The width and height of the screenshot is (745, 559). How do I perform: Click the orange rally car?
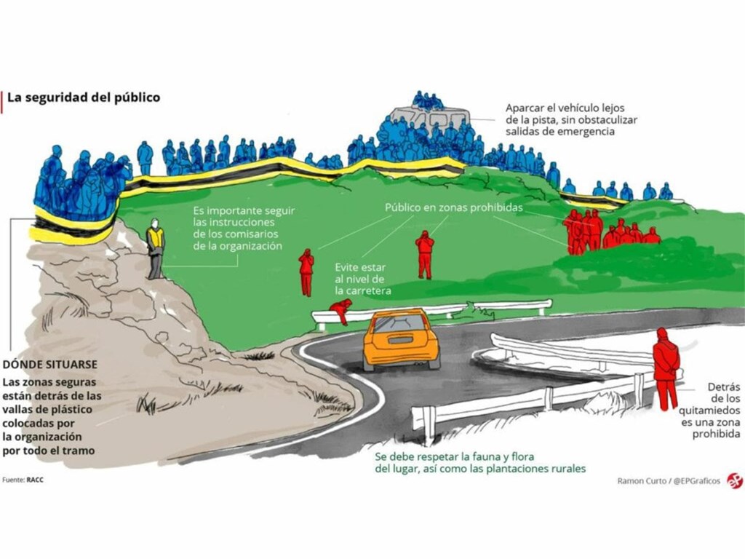tap(402, 339)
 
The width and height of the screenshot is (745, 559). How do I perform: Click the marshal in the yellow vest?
tap(155, 248)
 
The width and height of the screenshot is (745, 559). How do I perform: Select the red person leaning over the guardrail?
tap(342, 310)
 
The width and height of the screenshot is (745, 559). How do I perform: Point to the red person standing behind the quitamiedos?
tap(666, 368)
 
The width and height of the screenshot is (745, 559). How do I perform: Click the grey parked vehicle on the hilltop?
tap(430, 117)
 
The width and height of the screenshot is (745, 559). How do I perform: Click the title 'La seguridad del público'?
tap(84, 98)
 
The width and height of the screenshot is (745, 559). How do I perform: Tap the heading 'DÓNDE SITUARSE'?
tap(50, 365)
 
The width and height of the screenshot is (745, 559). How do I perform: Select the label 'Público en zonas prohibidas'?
tap(454, 207)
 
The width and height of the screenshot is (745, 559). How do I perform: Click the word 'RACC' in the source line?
tap(35, 480)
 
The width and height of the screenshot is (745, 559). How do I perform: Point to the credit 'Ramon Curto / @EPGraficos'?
tap(669, 480)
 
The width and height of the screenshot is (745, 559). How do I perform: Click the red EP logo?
tap(734, 480)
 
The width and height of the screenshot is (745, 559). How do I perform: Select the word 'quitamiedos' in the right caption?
tap(709, 411)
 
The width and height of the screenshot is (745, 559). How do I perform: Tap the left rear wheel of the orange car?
tap(368, 365)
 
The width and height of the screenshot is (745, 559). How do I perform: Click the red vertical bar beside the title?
tap(2, 101)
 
